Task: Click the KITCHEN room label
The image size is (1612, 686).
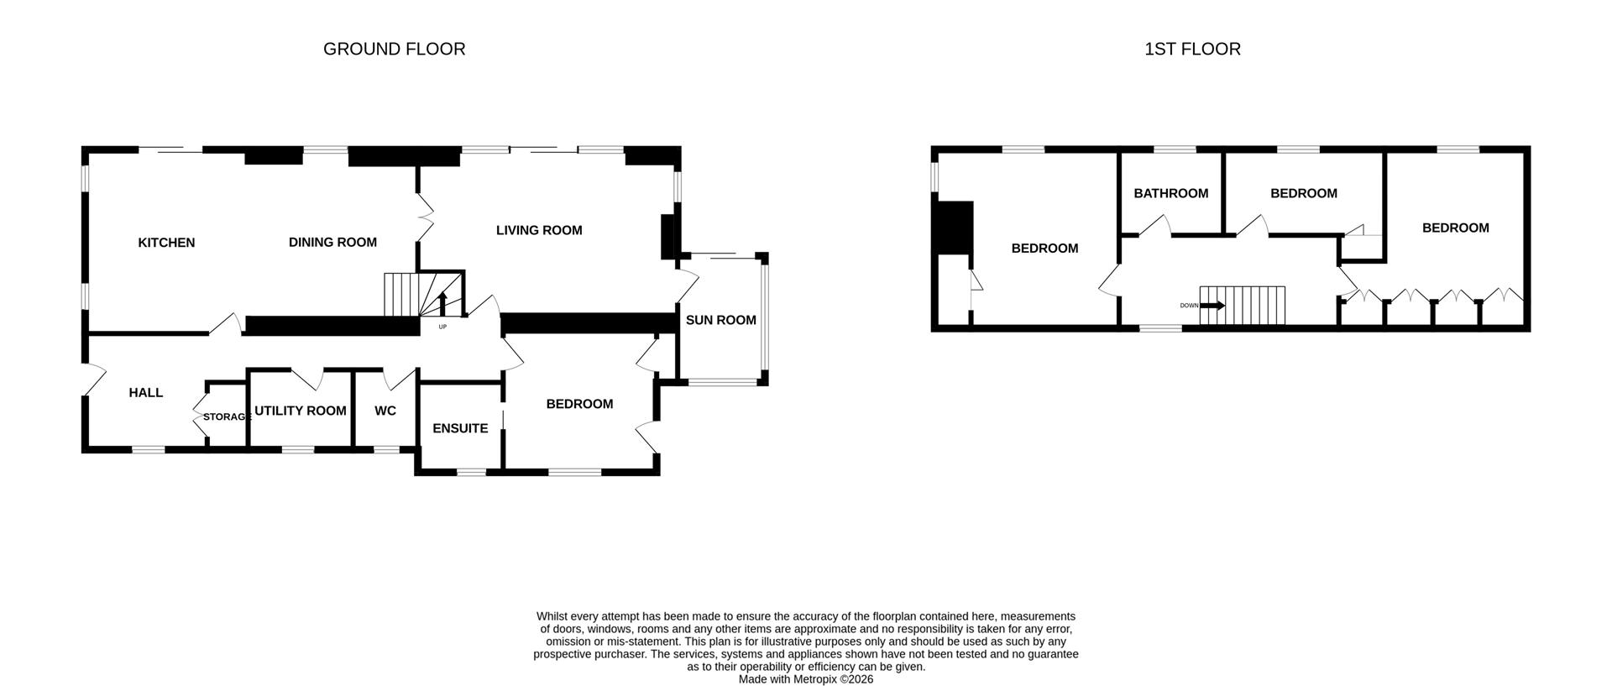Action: [166, 243]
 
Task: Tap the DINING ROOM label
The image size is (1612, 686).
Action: [332, 243]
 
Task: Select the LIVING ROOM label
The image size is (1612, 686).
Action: [538, 230]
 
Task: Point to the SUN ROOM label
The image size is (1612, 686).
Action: [720, 320]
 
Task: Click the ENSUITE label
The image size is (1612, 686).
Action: [459, 428]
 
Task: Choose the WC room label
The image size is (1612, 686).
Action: [385, 411]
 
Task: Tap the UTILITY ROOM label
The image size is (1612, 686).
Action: [300, 411]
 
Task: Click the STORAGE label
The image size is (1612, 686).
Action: [227, 416]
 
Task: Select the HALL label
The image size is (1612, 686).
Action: [145, 392]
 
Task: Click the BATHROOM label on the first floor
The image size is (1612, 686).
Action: [1170, 193]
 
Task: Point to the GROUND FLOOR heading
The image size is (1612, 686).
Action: [394, 49]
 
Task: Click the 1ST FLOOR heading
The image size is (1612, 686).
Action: [1192, 49]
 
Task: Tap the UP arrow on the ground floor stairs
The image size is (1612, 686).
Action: [442, 304]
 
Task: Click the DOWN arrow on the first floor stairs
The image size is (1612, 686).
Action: [1213, 306]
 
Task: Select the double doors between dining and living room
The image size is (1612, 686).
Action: [425, 217]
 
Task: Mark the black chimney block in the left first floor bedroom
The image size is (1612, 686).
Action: [955, 227]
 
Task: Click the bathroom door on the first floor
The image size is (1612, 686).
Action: [1156, 225]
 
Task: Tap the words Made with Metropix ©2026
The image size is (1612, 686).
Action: [805, 679]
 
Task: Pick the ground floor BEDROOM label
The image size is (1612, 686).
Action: [579, 404]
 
